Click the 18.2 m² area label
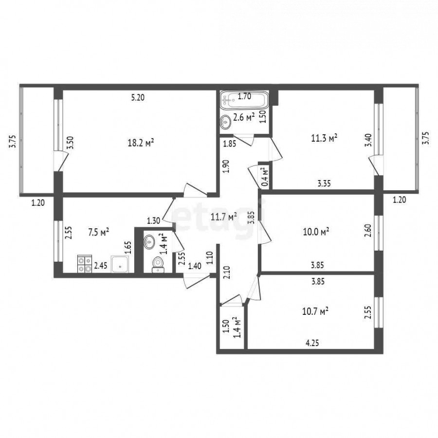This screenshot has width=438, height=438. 141,143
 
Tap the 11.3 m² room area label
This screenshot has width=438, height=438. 324,138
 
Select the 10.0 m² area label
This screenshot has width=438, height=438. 316,232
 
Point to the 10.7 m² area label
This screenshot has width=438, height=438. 315,311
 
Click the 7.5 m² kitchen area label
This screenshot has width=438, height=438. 99,232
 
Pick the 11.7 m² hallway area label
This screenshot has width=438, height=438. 224,217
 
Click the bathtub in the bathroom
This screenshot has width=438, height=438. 244,100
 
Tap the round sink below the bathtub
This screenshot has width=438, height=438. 225,122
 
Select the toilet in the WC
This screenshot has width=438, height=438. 158,265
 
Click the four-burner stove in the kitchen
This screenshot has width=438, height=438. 85,264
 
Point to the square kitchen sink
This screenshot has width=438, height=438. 120,264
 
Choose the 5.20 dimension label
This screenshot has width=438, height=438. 138,98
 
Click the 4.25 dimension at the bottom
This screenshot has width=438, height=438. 312,343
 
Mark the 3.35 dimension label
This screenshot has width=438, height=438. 324,183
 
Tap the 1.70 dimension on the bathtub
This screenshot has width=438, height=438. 244,96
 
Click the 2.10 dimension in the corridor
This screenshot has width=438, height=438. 226,273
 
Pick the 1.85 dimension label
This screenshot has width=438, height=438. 230,144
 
